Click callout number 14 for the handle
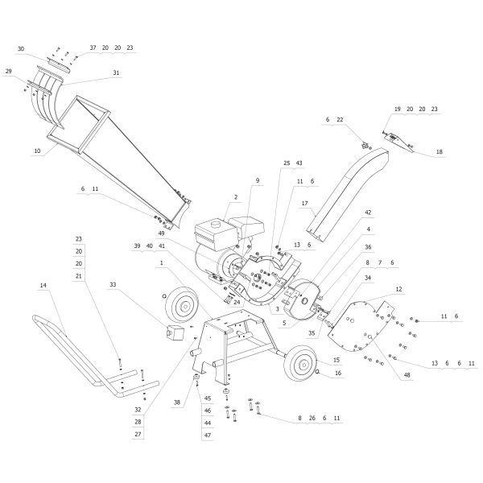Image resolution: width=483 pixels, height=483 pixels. click(x=43, y=286)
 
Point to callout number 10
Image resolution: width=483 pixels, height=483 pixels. click(x=37, y=151)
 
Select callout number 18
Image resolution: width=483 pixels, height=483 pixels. click(x=439, y=151)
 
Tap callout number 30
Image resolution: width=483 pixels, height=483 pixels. click(x=21, y=48)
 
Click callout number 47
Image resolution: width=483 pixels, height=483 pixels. click(x=207, y=435)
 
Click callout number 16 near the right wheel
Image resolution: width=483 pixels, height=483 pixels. click(x=337, y=373)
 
